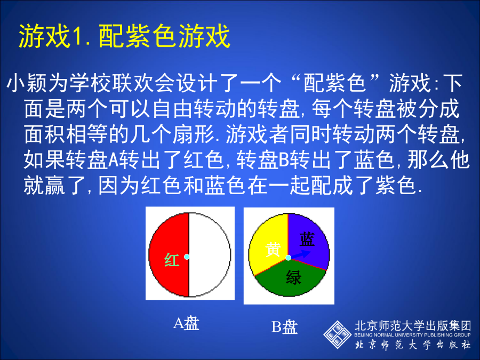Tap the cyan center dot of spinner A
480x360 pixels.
pyautogui.click(x=187, y=257)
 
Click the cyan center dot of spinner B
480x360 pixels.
pyautogui.click(x=288, y=258)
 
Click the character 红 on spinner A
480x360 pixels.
pyautogui.click(x=172, y=260)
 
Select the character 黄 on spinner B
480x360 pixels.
pyautogui.click(x=273, y=249)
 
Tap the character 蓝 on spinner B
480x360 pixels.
pyautogui.click(x=307, y=239)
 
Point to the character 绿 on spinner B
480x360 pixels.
pyautogui.click(x=293, y=278)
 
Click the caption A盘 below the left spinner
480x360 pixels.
pyautogui.click(x=186, y=323)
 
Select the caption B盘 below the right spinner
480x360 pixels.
pyautogui.click(x=284, y=326)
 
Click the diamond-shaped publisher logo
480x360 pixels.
pyautogui.click(x=338, y=334)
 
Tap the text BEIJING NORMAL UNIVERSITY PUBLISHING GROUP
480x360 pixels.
pyautogui.click(x=412, y=335)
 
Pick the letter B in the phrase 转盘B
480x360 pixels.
pyautogui.click(x=284, y=160)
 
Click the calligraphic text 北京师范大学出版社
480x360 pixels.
pyautogui.click(x=413, y=345)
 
